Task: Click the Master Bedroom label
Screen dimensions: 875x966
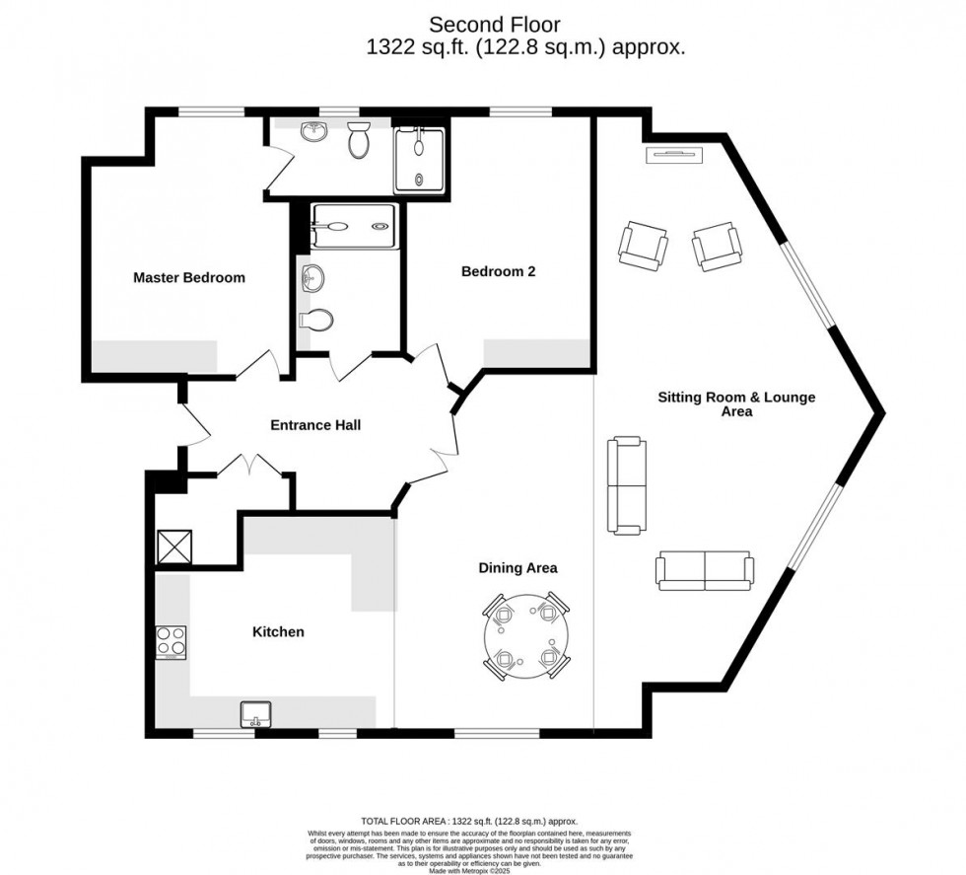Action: [189, 278]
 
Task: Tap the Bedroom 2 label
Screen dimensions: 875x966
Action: [498, 271]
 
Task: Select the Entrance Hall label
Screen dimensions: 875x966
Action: [315, 425]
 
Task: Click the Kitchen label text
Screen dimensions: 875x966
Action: [278, 631]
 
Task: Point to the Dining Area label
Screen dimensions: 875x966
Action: [517, 567]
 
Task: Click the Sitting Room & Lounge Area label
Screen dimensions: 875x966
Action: [736, 404]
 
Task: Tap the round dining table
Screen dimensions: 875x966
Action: [524, 638]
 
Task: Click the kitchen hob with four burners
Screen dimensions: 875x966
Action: [172, 643]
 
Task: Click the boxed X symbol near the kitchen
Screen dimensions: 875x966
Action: [173, 547]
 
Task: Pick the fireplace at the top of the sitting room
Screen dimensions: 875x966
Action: [675, 154]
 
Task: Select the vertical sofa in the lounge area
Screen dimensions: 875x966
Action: [627, 485]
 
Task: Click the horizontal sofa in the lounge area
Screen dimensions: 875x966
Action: [705, 570]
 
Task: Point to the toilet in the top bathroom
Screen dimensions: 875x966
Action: [359, 142]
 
